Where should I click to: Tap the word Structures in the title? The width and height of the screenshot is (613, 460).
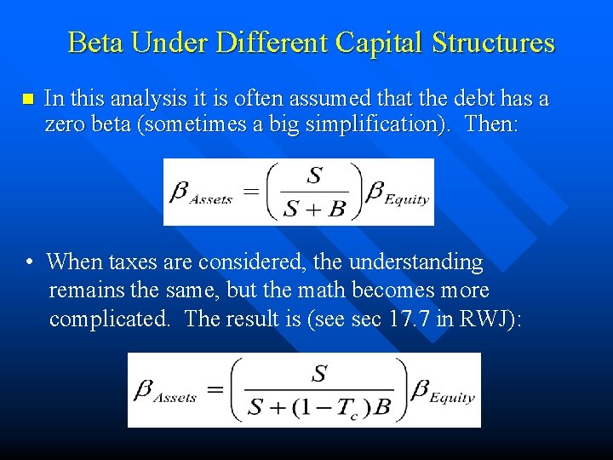click(494, 43)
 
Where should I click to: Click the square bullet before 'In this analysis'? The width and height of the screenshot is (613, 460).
click(28, 100)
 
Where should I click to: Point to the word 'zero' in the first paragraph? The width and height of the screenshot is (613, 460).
click(65, 124)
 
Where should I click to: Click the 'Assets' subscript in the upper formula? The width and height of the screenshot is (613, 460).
click(211, 199)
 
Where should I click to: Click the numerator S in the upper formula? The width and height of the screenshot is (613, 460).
click(314, 175)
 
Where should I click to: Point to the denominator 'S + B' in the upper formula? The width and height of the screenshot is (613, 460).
click(314, 208)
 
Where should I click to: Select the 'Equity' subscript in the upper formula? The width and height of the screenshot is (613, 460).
click(407, 199)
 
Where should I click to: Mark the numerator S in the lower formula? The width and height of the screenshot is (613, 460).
click(320, 372)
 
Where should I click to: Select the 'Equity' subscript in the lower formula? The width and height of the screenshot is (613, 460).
click(452, 398)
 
